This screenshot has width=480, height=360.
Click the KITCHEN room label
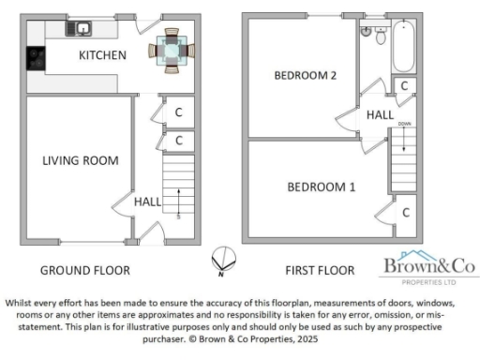pos(102,55)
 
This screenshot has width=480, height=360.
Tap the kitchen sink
pos(77,29)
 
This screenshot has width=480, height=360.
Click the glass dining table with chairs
pos(171,49)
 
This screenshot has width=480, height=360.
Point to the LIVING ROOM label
pos(81,160)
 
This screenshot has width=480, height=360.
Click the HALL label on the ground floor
pos(147,201)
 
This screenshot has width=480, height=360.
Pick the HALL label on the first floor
pos(380,114)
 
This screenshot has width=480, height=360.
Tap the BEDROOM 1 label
pos(321,187)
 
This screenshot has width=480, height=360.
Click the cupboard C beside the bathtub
pos(403,86)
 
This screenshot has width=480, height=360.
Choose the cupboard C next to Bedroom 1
pos(405,212)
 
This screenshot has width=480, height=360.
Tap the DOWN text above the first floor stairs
pos(404,124)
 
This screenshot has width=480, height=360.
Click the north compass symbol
pos(222,258)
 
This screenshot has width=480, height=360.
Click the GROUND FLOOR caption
pos(84,271)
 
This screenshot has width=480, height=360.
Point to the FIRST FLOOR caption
pos(320,271)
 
